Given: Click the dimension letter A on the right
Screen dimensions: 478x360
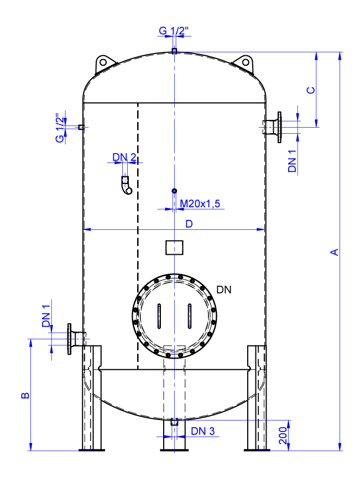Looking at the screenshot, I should tap(334, 252).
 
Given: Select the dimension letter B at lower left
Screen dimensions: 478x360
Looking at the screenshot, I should tap(24, 396).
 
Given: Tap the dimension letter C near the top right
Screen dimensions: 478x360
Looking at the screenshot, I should tap(311, 90).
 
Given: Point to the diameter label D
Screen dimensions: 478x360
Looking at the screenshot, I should tap(189, 224).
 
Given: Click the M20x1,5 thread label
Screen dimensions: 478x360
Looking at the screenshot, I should tap(201, 204).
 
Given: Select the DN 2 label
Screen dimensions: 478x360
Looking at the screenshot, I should tap(124, 157).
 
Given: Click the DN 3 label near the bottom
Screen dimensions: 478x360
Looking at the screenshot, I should tap(202, 431).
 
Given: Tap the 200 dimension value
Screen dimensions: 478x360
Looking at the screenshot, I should tap(283, 435).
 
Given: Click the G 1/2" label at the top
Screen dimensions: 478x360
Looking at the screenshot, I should tap(174, 31).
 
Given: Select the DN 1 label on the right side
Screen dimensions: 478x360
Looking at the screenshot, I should tap(293, 161).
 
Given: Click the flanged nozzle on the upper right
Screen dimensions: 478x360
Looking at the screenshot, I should tap(274, 127).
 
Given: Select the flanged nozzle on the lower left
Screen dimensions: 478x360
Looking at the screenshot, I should tap(74, 338).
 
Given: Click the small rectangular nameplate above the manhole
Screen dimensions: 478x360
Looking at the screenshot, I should tap(174, 247).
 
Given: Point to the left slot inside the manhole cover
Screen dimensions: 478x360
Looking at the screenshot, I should tap(159, 316).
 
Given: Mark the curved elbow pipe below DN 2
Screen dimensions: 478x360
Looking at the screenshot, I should tap(126, 187).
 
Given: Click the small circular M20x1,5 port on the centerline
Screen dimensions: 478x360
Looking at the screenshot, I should tap(174, 191).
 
